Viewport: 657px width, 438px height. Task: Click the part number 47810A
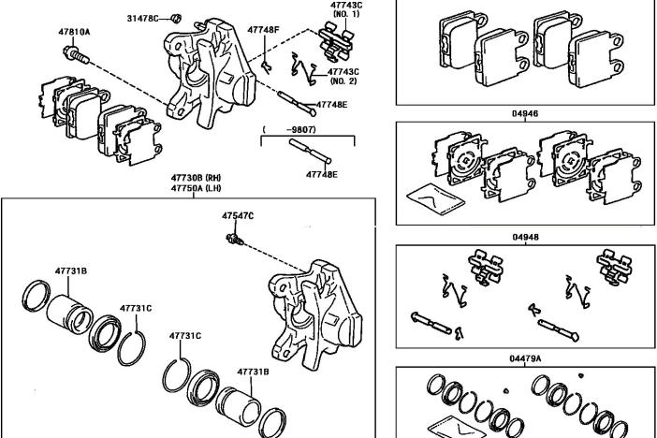point(74,32)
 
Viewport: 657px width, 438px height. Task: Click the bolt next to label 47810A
point(80,57)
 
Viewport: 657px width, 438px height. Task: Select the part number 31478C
point(143,18)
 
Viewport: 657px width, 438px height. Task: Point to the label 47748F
point(263,30)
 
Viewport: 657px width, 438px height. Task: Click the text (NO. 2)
point(344,81)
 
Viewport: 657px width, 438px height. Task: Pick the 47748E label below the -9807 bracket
point(322,174)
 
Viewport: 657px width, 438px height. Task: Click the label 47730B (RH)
point(195,178)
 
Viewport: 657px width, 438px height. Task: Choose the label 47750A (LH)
point(195,188)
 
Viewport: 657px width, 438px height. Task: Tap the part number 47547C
point(238,216)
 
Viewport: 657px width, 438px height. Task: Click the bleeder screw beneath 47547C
point(235,241)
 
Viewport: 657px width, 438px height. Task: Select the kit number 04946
point(525,113)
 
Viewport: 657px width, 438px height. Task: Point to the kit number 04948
point(525,237)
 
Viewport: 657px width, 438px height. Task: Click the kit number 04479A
point(525,358)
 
